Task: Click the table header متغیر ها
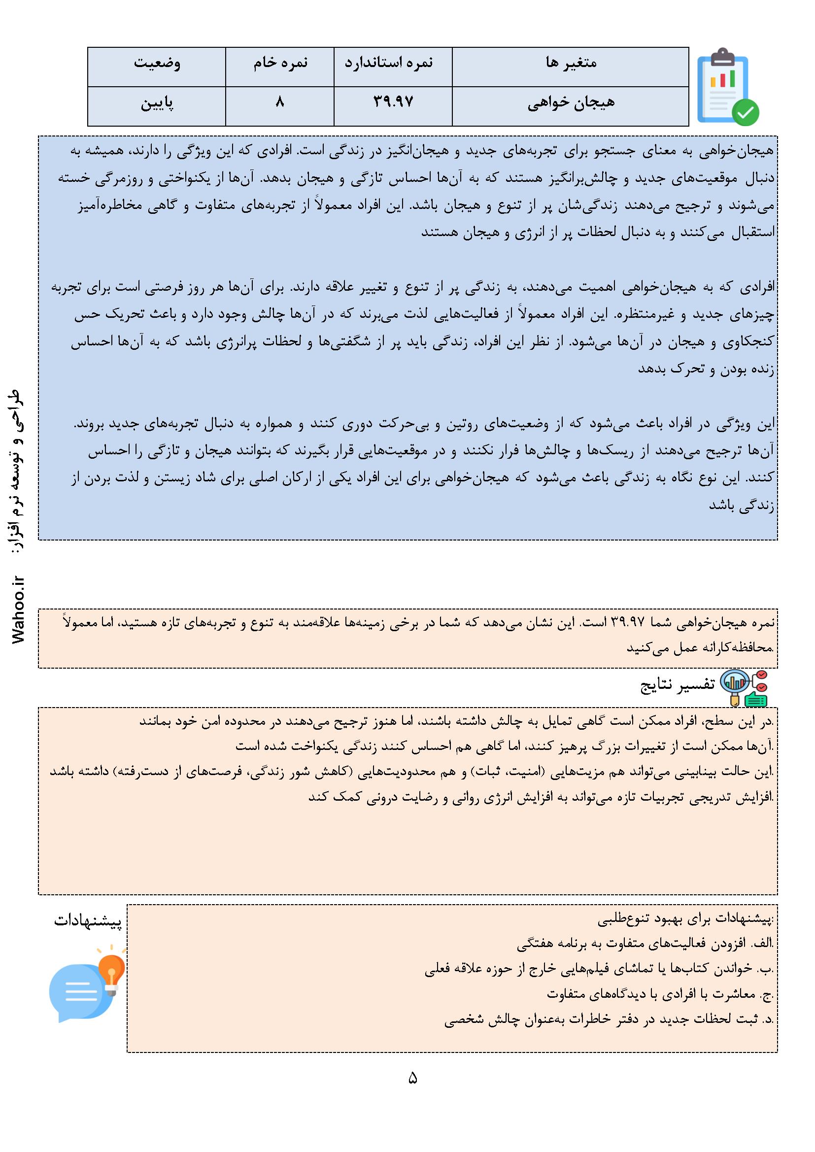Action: tap(571, 64)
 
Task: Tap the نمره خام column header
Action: tap(279, 64)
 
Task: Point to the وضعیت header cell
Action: tap(157, 64)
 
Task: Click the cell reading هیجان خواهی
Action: tap(571, 103)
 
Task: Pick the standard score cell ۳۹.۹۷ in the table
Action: tap(393, 103)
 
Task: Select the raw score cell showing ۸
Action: tap(279, 103)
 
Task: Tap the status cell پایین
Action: tap(157, 104)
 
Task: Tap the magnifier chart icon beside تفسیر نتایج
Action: tap(743, 687)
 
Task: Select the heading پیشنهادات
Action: tap(88, 921)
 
